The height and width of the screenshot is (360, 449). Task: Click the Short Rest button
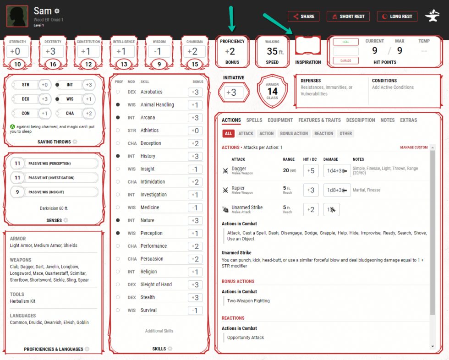348,16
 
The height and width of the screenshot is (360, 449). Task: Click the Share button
303,16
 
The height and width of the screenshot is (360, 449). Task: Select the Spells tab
254,120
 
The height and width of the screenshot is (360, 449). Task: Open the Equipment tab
280,120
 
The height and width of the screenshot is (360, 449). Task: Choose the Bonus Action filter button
293,134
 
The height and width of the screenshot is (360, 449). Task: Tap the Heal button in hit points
345,42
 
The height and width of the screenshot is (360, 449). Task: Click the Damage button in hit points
345,60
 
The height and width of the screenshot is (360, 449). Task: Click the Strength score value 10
17,64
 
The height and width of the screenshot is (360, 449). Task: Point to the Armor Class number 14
272,92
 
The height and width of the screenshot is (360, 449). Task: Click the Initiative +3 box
234,93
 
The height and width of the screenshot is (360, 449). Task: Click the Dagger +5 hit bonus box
311,171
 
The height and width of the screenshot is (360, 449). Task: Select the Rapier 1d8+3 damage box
337,190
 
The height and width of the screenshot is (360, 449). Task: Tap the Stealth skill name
148,297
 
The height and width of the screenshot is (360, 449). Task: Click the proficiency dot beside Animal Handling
118,105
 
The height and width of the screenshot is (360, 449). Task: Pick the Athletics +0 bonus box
195,131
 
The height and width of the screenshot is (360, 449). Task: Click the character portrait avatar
17,16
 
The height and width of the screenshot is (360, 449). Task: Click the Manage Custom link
414,147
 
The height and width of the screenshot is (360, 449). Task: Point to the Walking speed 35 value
272,52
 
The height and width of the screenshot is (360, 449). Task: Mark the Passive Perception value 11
17,164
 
